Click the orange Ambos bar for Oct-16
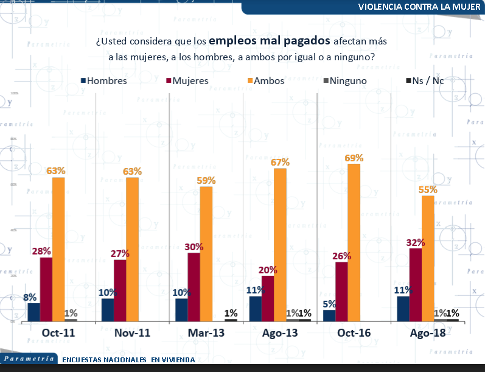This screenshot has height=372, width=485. pyautogui.click(x=354, y=242)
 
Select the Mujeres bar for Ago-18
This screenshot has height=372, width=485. pyautogui.click(x=416, y=284)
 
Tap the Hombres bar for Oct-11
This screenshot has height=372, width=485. pyautogui.click(x=33, y=312)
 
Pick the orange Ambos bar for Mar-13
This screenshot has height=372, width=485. pyautogui.click(x=206, y=253)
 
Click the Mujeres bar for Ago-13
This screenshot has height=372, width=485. pyautogui.click(x=268, y=298)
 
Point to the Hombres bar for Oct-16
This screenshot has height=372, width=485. pyautogui.click(x=329, y=315)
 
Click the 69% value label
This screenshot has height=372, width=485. pyautogui.click(x=354, y=158)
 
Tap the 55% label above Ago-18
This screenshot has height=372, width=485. pyautogui.click(x=428, y=190)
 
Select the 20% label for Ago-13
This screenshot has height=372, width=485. pyautogui.click(x=268, y=270)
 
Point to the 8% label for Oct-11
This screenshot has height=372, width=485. pyautogui.click(x=30, y=297)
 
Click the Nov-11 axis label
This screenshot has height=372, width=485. pyautogui.click(x=132, y=333)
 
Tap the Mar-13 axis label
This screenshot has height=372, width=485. pyautogui.click(x=206, y=333)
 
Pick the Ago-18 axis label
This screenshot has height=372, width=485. pyautogui.click(x=427, y=333)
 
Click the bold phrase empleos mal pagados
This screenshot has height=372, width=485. pyautogui.click(x=270, y=41)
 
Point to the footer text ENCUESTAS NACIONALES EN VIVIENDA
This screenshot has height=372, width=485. pyautogui.click(x=128, y=359)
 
